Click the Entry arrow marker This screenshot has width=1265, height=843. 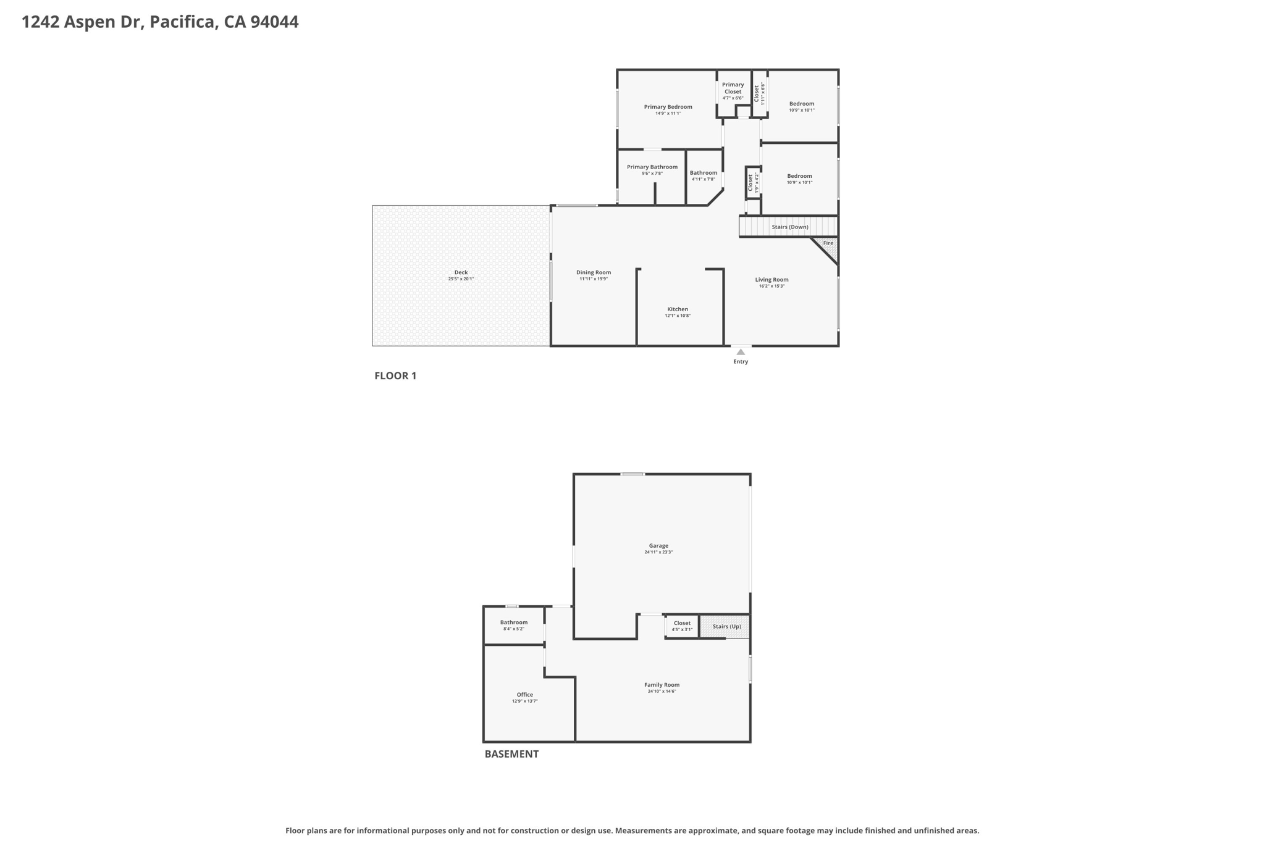tap(741, 352)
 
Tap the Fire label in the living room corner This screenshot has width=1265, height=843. tap(828, 243)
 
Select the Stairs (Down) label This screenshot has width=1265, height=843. tap(789, 227)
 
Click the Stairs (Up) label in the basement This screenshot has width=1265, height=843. tap(726, 627)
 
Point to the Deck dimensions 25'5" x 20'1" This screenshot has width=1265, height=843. tap(461, 279)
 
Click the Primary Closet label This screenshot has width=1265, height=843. tap(733, 88)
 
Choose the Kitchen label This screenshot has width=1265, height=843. tap(678, 309)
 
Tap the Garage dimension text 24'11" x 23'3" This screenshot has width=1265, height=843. tap(658, 552)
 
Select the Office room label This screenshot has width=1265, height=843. tap(524, 695)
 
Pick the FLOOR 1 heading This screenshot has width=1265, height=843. tap(395, 375)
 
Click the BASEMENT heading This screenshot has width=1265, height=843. tap(511, 754)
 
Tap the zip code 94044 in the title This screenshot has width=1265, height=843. tap(274, 22)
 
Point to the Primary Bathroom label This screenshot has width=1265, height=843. tap(652, 167)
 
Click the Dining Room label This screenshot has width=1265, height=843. tap(594, 272)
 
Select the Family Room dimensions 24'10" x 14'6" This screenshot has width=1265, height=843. tap(662, 692)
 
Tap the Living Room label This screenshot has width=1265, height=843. tap(771, 280)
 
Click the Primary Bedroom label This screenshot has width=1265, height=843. tap(668, 107)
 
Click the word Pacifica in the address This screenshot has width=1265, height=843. tap(183, 22)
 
